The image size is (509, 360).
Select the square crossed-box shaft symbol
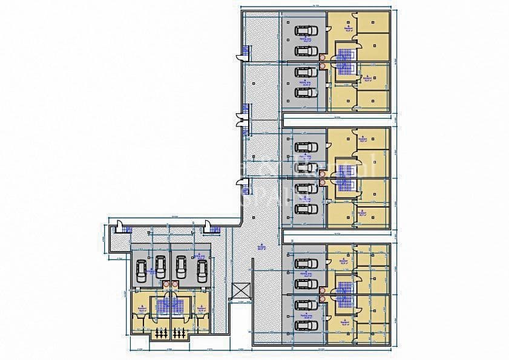pos(240,291)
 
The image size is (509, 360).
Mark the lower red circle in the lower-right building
pos(323,296)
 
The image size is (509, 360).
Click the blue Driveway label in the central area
pos(261,248)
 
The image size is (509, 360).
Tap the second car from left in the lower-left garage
pos(161,264)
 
